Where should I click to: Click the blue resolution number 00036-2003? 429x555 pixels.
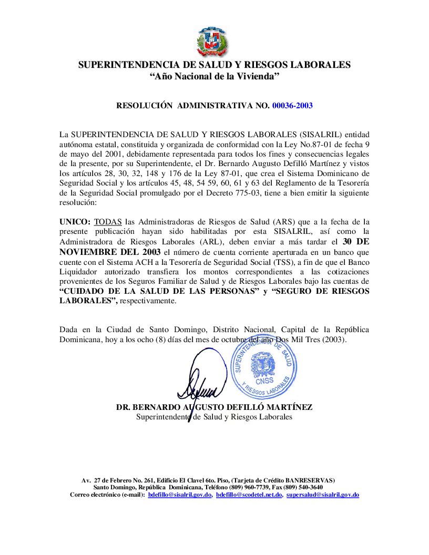point(292,106)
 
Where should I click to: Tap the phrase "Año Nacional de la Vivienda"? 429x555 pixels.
point(214,77)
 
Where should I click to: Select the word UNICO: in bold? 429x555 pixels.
point(75,222)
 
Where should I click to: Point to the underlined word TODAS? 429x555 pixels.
point(108,222)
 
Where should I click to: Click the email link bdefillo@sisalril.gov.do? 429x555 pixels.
point(180,495)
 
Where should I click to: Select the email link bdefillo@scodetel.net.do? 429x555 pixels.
point(249,495)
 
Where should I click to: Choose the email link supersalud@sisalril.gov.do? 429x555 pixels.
point(323,495)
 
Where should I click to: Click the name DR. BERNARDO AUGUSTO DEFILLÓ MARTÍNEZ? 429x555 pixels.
point(214,407)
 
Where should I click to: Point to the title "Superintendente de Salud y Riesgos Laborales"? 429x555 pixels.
point(214,417)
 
